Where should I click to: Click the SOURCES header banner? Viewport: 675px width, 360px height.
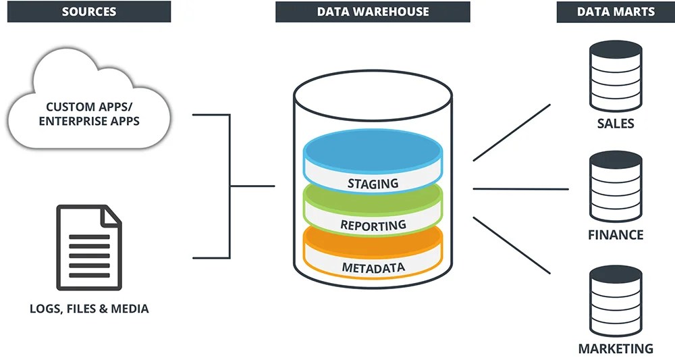[88, 11]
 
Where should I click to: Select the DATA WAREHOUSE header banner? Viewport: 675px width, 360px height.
[372, 11]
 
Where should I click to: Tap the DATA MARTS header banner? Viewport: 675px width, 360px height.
[615, 11]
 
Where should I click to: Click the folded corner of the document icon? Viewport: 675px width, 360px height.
[111, 215]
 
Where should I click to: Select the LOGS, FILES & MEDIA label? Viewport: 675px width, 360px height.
[89, 309]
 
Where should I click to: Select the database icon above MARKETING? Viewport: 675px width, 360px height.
[616, 301]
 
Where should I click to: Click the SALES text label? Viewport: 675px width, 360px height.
[616, 124]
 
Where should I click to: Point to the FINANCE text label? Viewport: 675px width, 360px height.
[616, 235]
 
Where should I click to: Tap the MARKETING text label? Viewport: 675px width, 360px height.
[616, 349]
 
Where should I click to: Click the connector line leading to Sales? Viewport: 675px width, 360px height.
[512, 132]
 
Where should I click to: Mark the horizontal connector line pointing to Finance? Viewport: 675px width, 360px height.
[520, 189]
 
